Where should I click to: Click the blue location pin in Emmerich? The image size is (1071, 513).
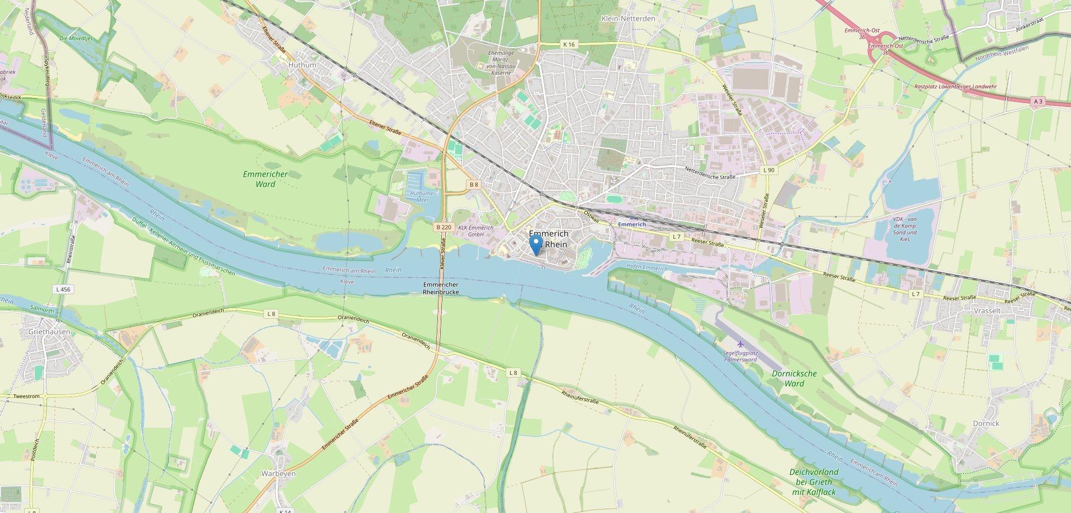pos(536,244)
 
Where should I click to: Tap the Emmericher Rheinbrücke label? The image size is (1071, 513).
pos(441,288)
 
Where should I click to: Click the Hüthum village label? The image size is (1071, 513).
pos(302,65)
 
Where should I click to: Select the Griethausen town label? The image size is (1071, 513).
pos(49,332)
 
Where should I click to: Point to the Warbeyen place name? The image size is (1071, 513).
pos(279,473)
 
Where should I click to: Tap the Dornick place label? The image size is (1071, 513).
pos(985,423)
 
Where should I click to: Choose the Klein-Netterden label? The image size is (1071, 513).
pos(627,18)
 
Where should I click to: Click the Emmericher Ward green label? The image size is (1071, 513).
pos(265,179)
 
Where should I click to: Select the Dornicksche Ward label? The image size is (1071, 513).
pos(794,378)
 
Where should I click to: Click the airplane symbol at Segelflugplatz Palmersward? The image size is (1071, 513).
pos(740,344)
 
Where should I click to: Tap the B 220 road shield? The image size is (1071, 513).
pos(443,227)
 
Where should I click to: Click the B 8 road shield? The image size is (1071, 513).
pos(474,184)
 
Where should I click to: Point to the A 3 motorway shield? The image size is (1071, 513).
pos(1038,101)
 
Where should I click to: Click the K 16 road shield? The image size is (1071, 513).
pos(569,44)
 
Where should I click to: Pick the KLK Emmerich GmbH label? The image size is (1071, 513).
pos(475,231)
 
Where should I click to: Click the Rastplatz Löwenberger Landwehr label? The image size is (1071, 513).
pos(955,87)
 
